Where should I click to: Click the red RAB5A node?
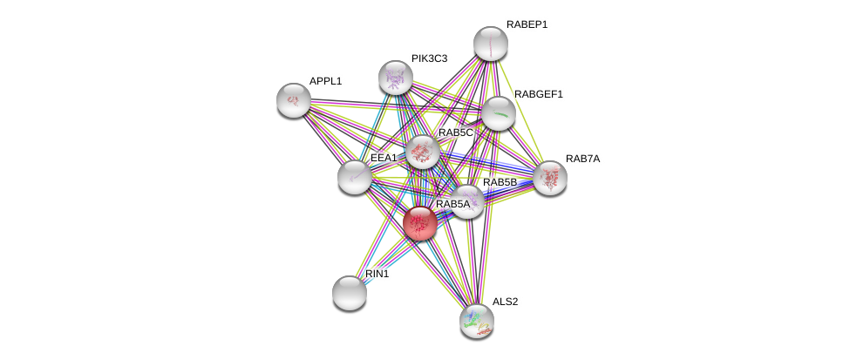(x=419, y=222)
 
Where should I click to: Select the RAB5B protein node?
(x=467, y=201)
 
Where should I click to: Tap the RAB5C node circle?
(x=423, y=152)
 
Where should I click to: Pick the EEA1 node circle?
(x=354, y=177)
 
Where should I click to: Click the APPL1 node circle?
(x=294, y=100)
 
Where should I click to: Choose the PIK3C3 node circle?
(x=395, y=78)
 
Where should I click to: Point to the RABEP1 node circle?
(x=490, y=44)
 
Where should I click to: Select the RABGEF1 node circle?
(x=498, y=112)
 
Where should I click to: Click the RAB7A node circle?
(x=550, y=178)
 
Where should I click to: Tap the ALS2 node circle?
(x=477, y=320)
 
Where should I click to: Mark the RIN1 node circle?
(x=350, y=293)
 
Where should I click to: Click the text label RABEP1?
(x=527, y=24)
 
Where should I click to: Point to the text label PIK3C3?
(x=429, y=58)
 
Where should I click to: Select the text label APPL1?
(x=325, y=81)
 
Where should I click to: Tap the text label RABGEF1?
(x=538, y=93)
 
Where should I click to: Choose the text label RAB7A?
(x=582, y=159)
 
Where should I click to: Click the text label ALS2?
(x=505, y=302)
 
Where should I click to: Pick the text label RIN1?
(x=377, y=274)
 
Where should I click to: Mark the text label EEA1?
(x=384, y=158)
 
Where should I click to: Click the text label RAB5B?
(x=500, y=182)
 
